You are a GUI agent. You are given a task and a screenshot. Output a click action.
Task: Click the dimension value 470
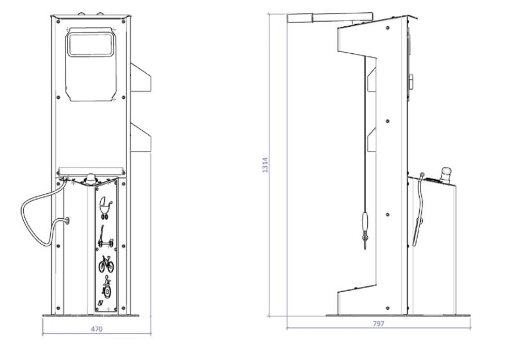[96, 329]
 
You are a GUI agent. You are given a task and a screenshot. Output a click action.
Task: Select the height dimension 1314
[265, 165]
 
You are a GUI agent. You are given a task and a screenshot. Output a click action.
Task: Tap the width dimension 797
[379, 323]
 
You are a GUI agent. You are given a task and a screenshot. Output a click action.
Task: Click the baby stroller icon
[106, 207]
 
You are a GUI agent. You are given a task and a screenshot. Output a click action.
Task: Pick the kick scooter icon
[106, 237]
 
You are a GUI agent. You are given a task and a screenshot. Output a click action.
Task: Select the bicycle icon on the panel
[106, 264]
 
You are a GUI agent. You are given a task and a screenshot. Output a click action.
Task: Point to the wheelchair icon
[106, 287]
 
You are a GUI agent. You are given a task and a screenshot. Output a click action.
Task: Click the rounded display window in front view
[91, 44]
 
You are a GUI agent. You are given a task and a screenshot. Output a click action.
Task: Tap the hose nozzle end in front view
[67, 221]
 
